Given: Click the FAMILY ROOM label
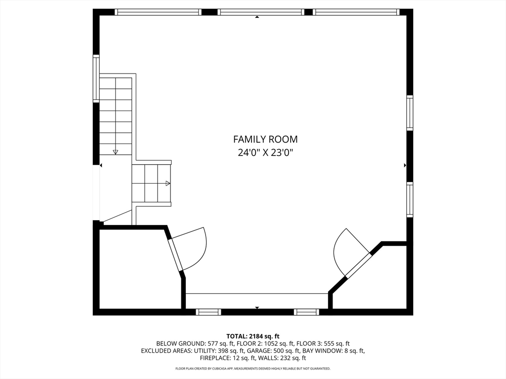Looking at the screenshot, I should pyautogui.click(x=265, y=140).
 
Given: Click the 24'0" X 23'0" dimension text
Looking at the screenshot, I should pyautogui.click(x=265, y=152).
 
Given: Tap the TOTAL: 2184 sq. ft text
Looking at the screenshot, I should pyautogui.click(x=253, y=336).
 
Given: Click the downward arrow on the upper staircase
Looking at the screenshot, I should pyautogui.click(x=116, y=152).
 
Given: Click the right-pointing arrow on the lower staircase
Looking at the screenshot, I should pyautogui.click(x=168, y=184).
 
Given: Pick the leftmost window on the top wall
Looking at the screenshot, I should pyautogui.click(x=158, y=12).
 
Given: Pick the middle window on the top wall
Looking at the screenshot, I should pyautogui.click(x=260, y=12).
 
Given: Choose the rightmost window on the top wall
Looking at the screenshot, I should pyautogui.click(x=356, y=12).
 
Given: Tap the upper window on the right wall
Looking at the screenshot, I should pyautogui.click(x=410, y=113).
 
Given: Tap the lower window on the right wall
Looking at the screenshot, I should pyautogui.click(x=410, y=199).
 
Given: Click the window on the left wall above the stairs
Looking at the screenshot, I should pyautogui.click(x=96, y=79).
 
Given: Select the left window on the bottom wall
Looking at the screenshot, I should pyautogui.click(x=208, y=312).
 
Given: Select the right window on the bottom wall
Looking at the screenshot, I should pyautogui.click(x=306, y=312).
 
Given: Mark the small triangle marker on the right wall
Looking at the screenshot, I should pyautogui.click(x=405, y=165).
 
